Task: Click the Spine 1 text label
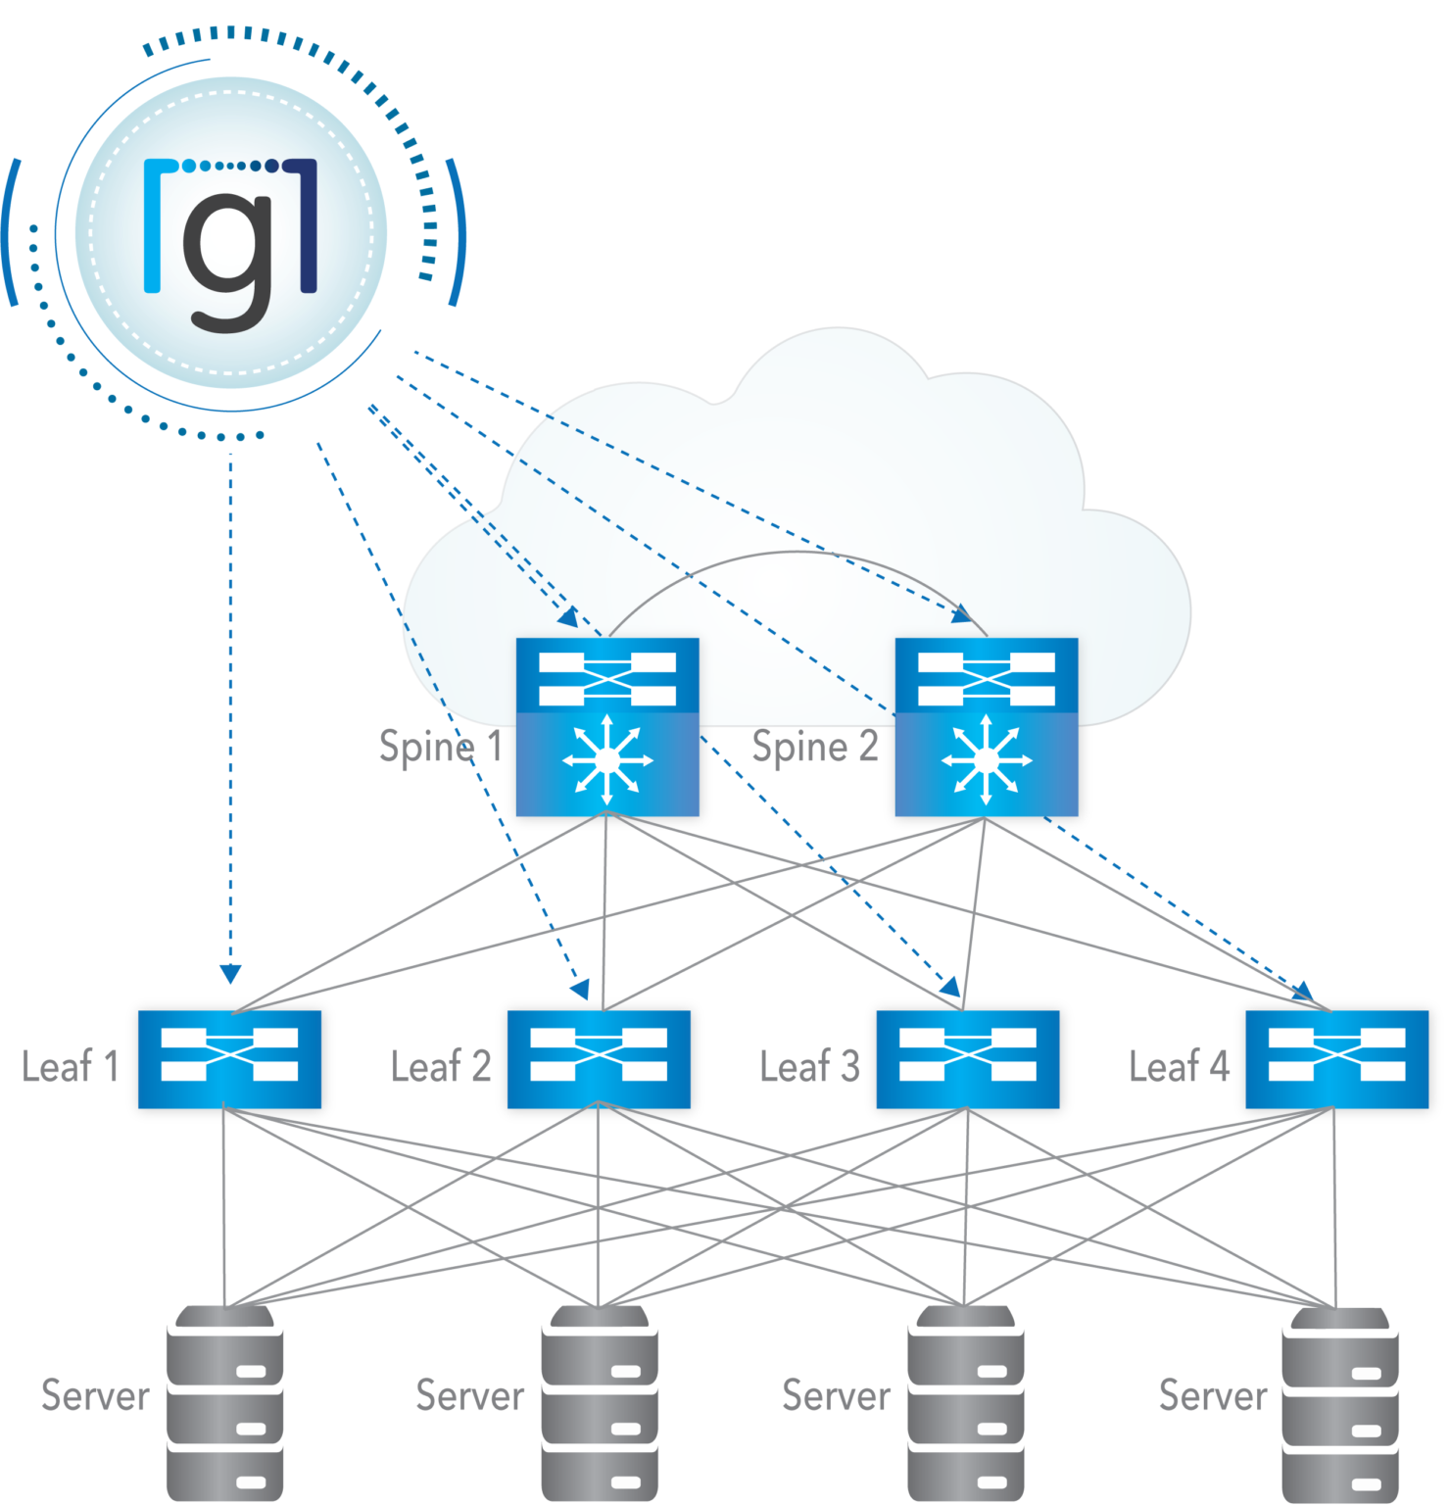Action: coord(440,748)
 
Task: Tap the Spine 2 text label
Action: coord(814,748)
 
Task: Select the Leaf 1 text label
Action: coord(71,1066)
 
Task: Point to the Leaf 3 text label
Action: coord(809,1066)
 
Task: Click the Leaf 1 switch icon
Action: coord(229,1059)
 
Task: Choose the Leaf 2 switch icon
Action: coord(599,1059)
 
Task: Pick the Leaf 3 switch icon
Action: coord(968,1059)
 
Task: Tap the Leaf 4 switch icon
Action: coord(1336,1059)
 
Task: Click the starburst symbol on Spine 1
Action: coord(607,760)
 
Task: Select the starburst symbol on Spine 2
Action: coord(987,760)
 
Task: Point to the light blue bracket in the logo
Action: coord(155,225)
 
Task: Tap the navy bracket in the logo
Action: coord(306,225)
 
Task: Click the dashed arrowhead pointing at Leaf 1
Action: coord(230,973)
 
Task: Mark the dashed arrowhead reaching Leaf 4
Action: coord(1303,992)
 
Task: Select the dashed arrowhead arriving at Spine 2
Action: coord(962,614)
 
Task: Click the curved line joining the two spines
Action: coord(796,553)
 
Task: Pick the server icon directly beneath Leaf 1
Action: coord(225,1403)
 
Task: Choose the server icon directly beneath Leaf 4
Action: coord(1339,1403)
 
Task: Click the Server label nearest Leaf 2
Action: coord(469,1395)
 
